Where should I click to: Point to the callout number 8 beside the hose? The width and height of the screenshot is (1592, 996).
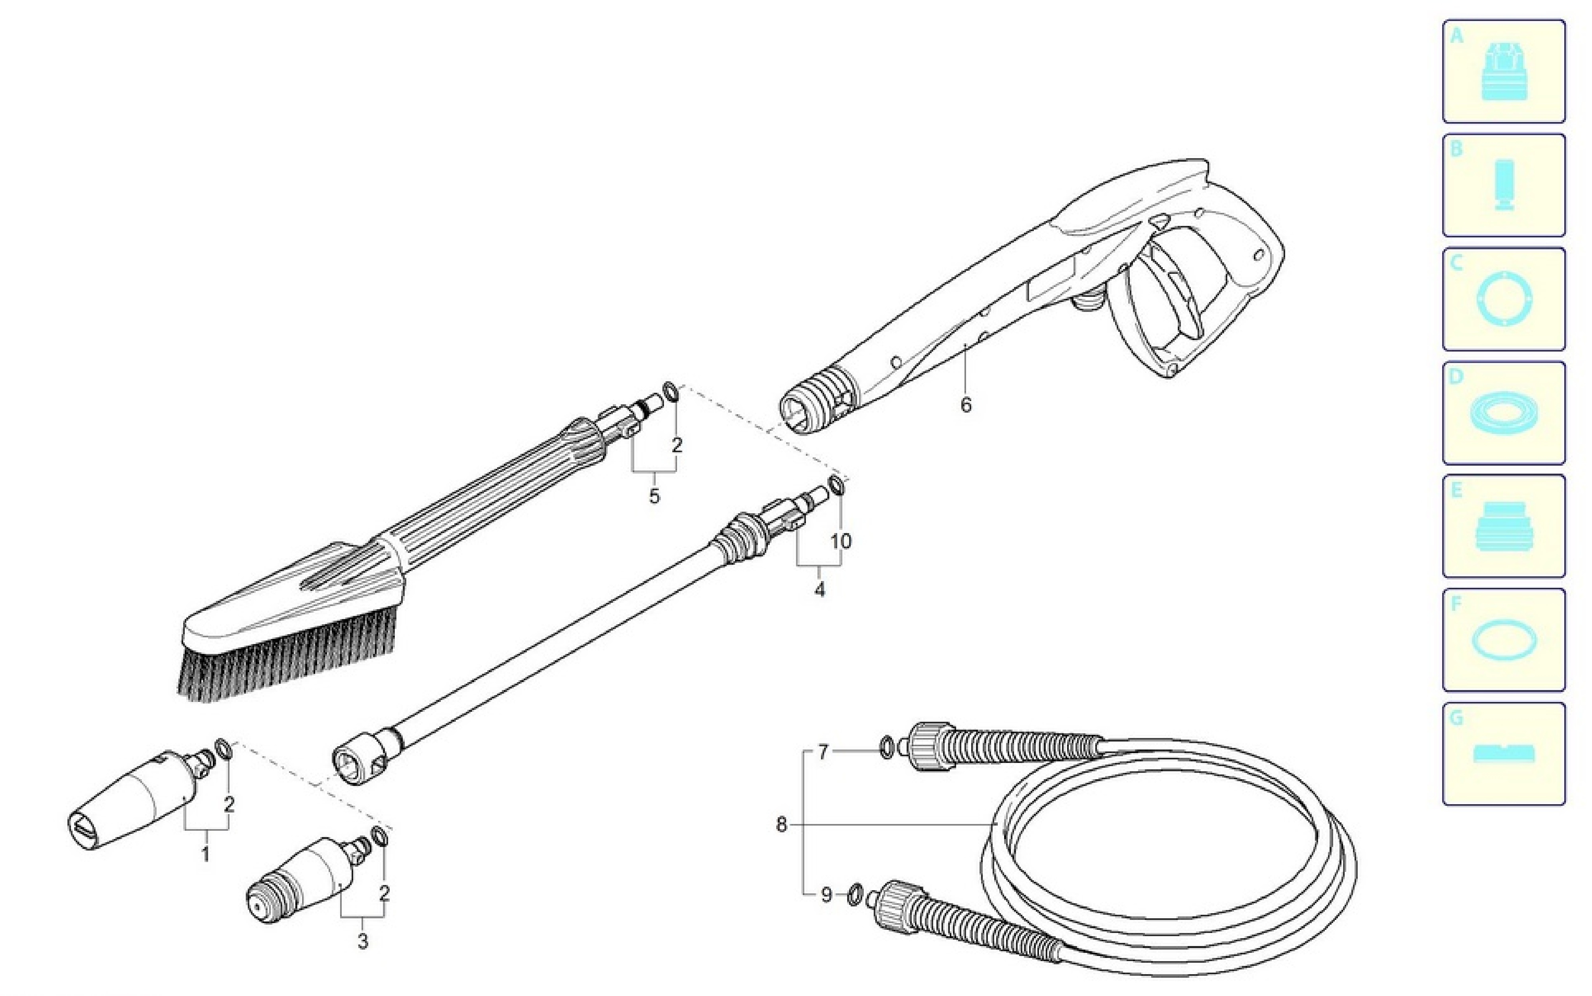pyautogui.click(x=782, y=825)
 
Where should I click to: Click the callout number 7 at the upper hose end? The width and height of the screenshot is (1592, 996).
pyautogui.click(x=823, y=751)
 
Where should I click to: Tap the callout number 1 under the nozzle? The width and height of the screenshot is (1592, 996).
pyautogui.click(x=205, y=855)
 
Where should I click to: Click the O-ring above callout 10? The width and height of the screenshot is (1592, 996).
pyautogui.click(x=836, y=485)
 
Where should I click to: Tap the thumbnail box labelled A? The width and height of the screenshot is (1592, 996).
pyautogui.click(x=1504, y=71)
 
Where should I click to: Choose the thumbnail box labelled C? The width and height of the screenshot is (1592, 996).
pyautogui.click(x=1504, y=299)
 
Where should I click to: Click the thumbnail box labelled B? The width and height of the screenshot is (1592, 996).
pyautogui.click(x=1504, y=185)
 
